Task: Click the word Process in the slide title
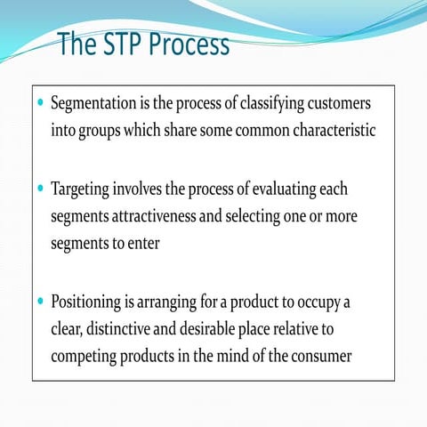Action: (189, 44)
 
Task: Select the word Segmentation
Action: (92, 104)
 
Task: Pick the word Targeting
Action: (81, 190)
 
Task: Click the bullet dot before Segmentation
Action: (40, 103)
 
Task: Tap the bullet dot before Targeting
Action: (40, 189)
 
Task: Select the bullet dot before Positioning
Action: (40, 302)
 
